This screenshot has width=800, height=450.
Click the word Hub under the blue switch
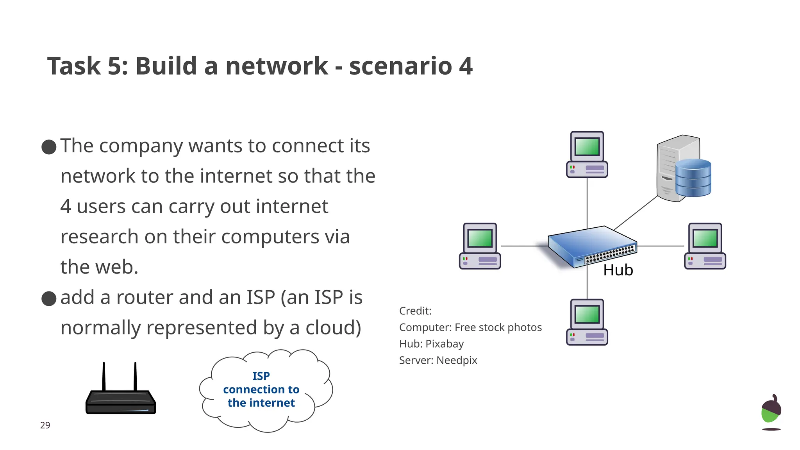point(618,270)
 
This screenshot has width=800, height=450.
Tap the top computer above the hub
point(587,155)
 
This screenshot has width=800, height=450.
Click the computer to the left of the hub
point(480,246)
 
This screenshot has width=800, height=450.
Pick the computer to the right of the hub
point(705,246)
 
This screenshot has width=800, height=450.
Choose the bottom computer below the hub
point(587,322)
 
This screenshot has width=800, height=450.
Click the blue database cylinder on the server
point(693,178)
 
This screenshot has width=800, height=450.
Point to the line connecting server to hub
point(636,213)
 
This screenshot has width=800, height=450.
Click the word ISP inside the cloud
point(261,376)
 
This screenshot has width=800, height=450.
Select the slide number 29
point(45,425)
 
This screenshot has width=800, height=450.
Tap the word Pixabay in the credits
point(444,344)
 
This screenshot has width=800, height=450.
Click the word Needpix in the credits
point(457,360)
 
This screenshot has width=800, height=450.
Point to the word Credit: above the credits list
point(415,311)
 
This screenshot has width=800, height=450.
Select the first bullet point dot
point(49,147)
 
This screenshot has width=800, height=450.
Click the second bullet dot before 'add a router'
point(49,298)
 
